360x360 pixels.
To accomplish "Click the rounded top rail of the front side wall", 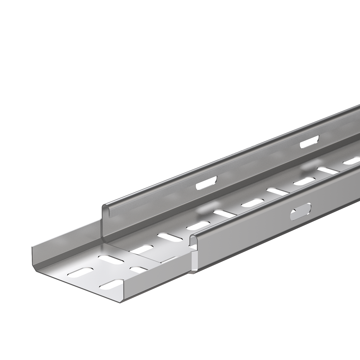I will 270,195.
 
